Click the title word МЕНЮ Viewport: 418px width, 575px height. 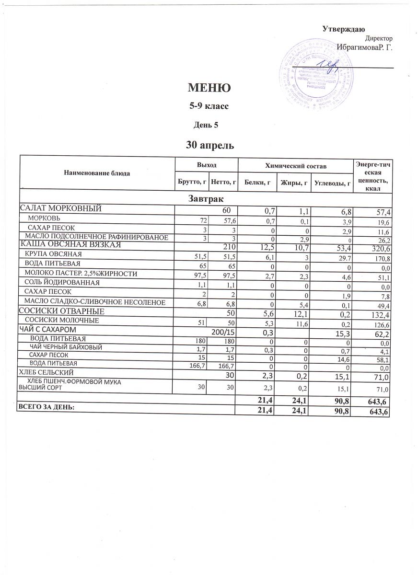pyautogui.click(x=209, y=88)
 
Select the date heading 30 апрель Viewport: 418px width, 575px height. pyautogui.click(x=209, y=144)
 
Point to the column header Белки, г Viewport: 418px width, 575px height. pyautogui.click(x=257, y=182)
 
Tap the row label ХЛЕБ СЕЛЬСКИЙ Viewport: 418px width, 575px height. pyautogui.click(x=46, y=372)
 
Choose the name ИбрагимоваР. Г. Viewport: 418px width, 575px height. pyautogui.click(x=364, y=47)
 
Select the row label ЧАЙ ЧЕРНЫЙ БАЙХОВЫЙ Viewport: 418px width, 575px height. pyautogui.click(x=66, y=346)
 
